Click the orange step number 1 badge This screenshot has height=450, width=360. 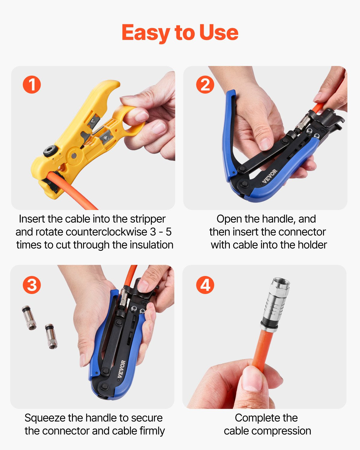pyautogui.click(x=32, y=85)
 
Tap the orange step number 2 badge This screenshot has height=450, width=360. pyautogui.click(x=205, y=85)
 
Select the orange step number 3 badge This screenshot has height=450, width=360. pyautogui.click(x=32, y=285)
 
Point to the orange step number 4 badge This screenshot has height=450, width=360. pyautogui.click(x=205, y=285)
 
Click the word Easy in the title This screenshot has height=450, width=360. pyautogui.click(x=145, y=33)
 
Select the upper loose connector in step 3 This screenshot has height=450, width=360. pyautogui.click(x=29, y=318)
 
